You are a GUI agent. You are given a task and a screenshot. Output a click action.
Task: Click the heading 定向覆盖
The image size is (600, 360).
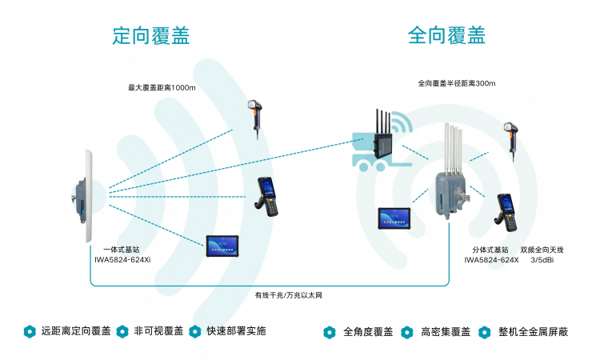tap(151, 35)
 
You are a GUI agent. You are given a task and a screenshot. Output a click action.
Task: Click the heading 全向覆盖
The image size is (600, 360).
tap(446, 35)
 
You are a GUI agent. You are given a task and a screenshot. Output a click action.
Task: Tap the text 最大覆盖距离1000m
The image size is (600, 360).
tap(162, 87)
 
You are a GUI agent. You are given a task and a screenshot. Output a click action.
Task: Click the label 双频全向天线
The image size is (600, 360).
tap(548, 250)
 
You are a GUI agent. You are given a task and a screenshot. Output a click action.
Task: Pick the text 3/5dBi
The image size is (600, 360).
tap(548, 259)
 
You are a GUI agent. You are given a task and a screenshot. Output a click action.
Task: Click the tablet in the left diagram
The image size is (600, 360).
tap(222, 246)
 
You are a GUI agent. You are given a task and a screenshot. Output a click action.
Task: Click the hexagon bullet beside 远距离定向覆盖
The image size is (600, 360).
tap(29, 331)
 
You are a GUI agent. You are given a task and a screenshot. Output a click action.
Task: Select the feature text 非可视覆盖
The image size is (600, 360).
tap(158, 331)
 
